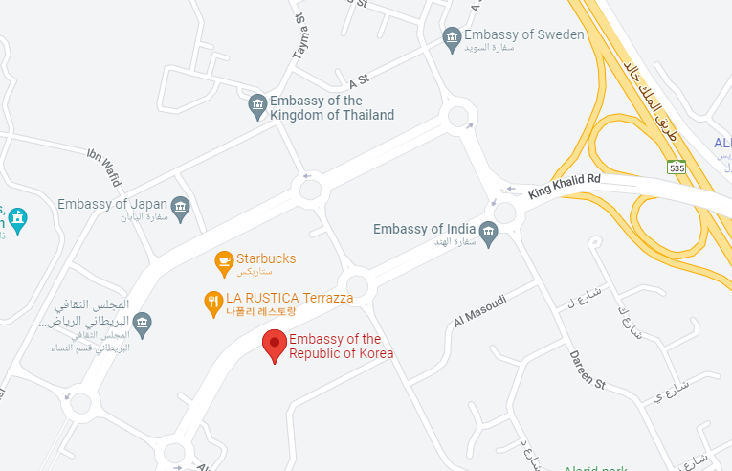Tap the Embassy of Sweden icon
453,38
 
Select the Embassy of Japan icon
180,206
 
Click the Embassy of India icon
489,231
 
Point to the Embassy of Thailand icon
256,106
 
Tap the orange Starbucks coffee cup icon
223,260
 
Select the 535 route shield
677,168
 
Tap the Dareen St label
588,370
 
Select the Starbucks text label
266,258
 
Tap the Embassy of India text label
424,229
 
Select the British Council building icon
142,323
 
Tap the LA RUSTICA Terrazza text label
290,298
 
